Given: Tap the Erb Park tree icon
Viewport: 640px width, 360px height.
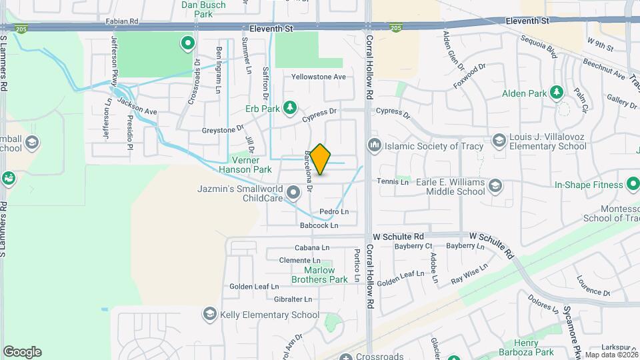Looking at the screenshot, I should [x=289, y=107].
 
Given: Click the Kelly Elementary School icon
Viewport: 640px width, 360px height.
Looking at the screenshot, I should [x=210, y=315].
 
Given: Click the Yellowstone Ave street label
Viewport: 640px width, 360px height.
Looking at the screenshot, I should [x=319, y=77].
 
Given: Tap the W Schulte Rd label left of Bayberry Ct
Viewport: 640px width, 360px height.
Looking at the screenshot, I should [x=399, y=237].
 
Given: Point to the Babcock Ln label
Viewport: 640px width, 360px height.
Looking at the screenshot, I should [x=319, y=226].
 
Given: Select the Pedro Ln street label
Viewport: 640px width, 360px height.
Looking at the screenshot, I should [x=334, y=212].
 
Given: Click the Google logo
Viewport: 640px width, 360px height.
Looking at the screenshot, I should [x=22, y=352].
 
